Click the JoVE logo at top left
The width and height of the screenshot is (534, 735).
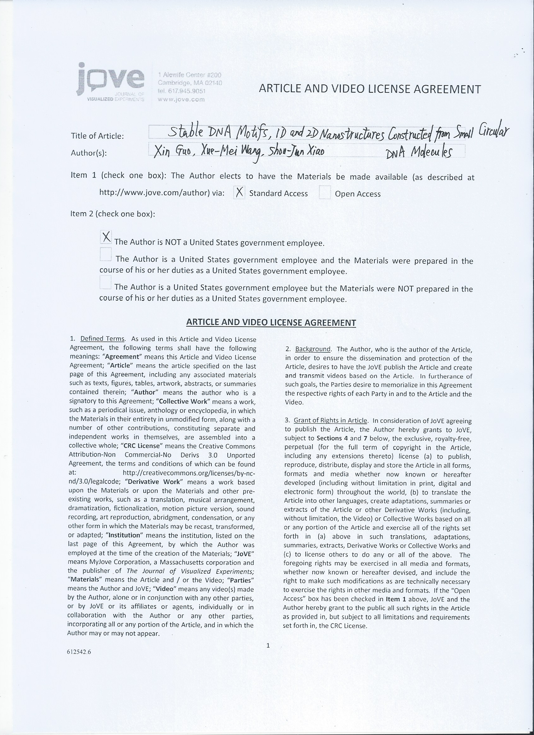(111, 83)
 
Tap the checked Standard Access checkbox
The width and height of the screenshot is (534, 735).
(239, 193)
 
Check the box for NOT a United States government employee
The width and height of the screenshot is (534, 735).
(106, 238)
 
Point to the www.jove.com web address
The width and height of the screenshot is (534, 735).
(181, 99)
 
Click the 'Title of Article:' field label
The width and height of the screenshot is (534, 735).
(97, 136)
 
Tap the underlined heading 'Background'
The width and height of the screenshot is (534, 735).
(313, 349)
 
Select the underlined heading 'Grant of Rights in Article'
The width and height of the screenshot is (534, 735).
(330, 421)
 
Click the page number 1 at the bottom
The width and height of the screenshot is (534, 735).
(268, 645)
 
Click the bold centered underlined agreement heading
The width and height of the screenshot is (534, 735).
(271, 323)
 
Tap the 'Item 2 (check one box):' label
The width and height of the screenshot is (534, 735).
(112, 214)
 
